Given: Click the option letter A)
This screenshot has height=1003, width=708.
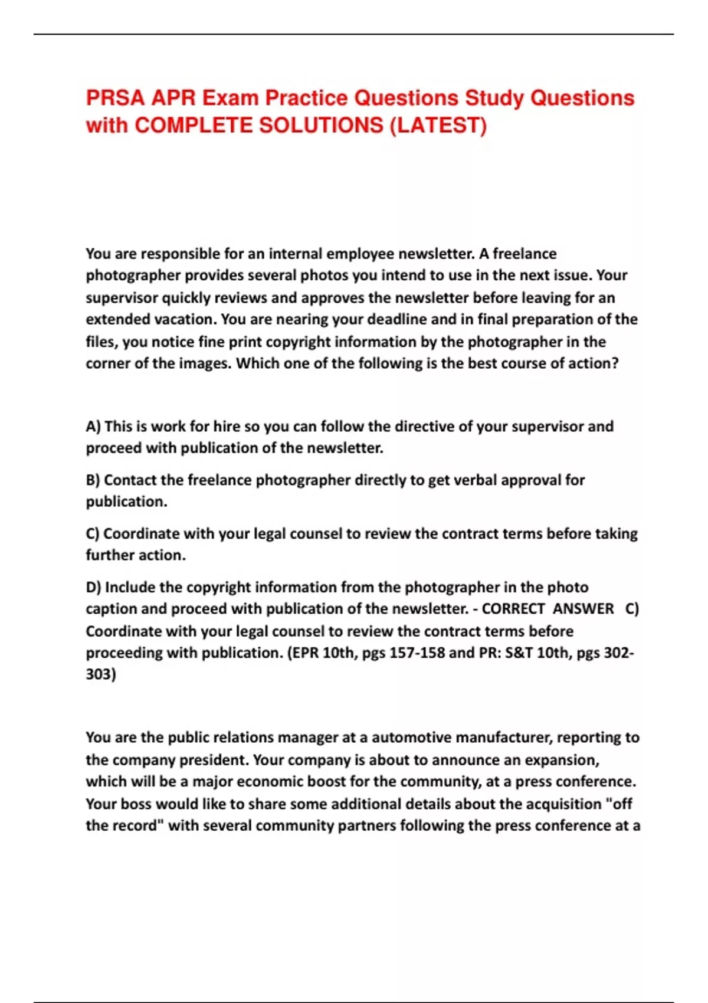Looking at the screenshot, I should click(x=94, y=427).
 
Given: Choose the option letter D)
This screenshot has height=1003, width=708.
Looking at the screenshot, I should click(x=94, y=588).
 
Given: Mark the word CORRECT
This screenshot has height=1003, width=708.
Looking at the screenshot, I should click(x=513, y=609).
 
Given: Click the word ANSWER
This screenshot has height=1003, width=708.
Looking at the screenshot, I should click(x=583, y=609).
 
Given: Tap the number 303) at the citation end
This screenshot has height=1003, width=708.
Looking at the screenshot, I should click(x=101, y=674).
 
